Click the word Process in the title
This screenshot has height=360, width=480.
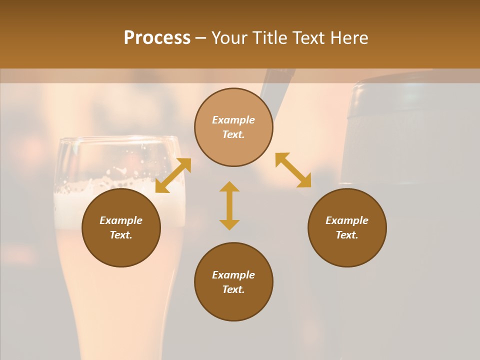157,38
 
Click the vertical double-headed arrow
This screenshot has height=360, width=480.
229,205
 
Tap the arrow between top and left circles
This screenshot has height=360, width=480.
173,175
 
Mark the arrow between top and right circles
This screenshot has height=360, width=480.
293,170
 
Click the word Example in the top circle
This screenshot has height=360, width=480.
233,120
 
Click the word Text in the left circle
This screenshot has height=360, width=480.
121,235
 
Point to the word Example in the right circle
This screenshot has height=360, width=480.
347,220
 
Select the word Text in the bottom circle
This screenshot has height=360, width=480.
233,289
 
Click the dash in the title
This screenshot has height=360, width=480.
200,38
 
